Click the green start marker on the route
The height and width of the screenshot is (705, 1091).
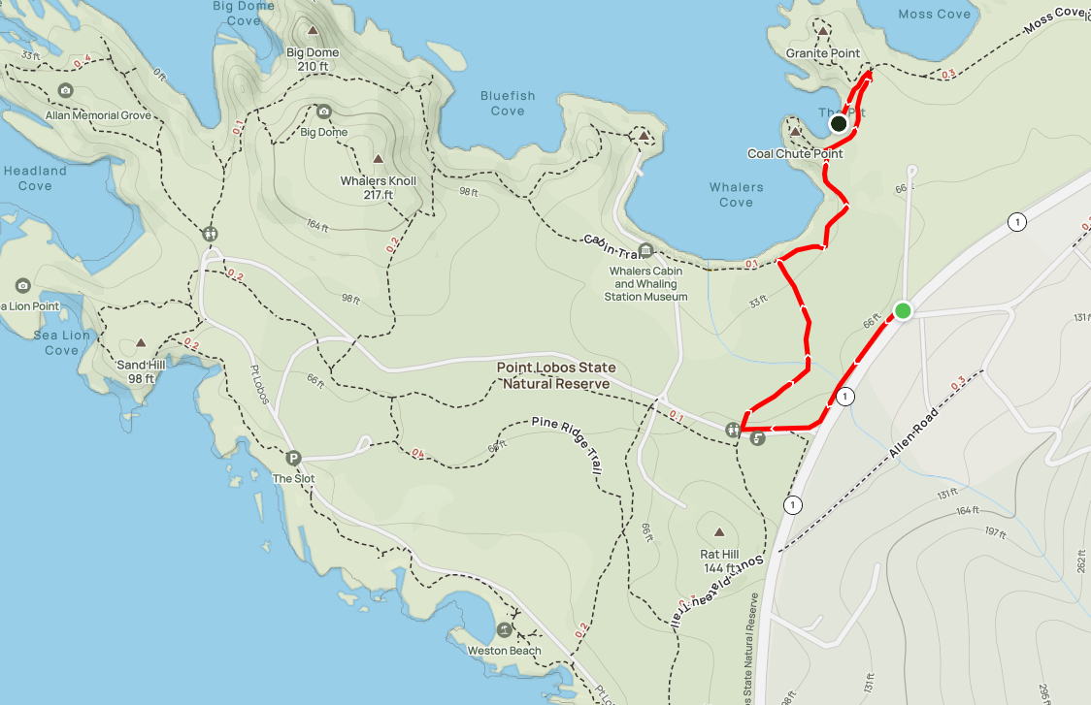[x=903, y=311]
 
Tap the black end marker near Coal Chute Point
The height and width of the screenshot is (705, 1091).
[x=839, y=123]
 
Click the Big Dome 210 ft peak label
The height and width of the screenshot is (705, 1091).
[x=313, y=59]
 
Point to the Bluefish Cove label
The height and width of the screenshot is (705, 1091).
[x=508, y=103]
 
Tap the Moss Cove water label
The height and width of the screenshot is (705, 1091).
[x=934, y=14]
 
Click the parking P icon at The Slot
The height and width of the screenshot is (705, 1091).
[x=293, y=458]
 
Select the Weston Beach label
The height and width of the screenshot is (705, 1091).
[x=504, y=651]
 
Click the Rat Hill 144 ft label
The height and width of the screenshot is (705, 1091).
[x=719, y=560]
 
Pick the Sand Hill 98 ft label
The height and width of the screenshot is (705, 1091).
[x=136, y=371]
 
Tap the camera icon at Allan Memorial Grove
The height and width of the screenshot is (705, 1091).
[x=66, y=91]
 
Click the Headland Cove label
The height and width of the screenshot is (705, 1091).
[x=35, y=178]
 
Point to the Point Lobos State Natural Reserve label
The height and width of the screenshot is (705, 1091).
[x=555, y=376]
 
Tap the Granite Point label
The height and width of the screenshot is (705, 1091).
[x=823, y=53]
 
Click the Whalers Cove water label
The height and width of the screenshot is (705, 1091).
[x=736, y=195]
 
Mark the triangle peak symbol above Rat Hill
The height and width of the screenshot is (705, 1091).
[x=719, y=531]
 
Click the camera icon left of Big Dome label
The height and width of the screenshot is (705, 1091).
[x=323, y=112]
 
